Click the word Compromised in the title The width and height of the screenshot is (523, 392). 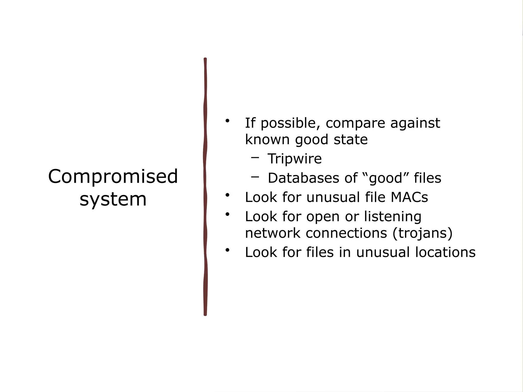click(x=113, y=177)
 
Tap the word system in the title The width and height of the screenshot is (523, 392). click(x=113, y=200)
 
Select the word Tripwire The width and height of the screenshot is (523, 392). click(x=294, y=159)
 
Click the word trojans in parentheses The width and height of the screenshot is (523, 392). click(x=422, y=233)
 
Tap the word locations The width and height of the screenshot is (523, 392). click(x=445, y=252)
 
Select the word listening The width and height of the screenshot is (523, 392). click(x=393, y=217)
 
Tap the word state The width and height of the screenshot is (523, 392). click(x=350, y=140)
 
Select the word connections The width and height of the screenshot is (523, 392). click(x=346, y=233)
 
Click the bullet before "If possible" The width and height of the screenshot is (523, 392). click(x=227, y=120)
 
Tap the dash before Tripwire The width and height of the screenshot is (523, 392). click(x=255, y=157)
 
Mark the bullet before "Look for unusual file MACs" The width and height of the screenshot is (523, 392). click(x=227, y=195)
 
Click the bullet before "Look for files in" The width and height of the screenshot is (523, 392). click(x=227, y=250)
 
